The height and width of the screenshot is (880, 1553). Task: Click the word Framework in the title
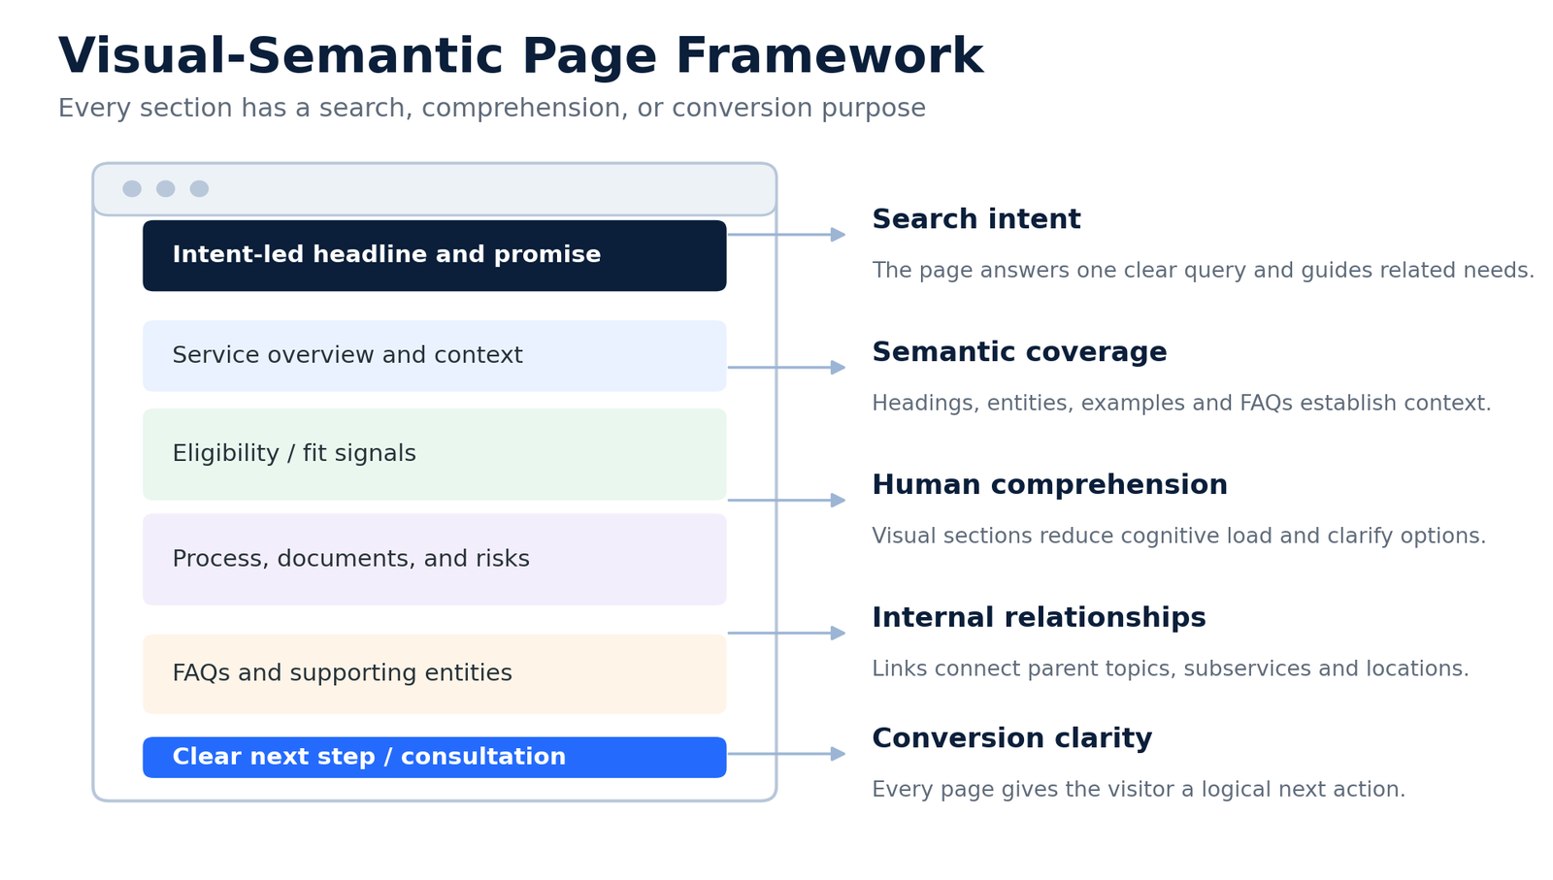click(829, 56)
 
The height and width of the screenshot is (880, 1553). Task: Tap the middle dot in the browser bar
click(166, 188)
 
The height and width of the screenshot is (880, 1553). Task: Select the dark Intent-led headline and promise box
click(435, 256)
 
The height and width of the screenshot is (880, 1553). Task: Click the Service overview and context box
click(435, 355)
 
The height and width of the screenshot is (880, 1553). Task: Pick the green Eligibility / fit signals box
click(435, 454)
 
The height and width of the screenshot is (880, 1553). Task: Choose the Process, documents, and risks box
click(435, 559)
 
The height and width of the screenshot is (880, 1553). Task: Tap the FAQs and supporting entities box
click(435, 673)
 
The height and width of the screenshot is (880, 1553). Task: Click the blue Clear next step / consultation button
click(435, 758)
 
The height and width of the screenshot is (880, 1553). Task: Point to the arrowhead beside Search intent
click(839, 235)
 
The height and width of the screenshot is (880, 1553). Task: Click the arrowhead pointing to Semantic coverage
click(839, 368)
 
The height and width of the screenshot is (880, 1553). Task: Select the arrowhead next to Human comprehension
click(839, 501)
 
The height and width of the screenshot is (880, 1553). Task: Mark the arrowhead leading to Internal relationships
click(839, 633)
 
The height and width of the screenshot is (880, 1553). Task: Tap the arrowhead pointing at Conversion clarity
click(839, 754)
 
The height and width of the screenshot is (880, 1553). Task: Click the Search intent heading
click(976, 219)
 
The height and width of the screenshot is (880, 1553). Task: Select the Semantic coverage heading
click(1019, 352)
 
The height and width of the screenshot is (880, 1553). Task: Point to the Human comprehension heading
click(1049, 485)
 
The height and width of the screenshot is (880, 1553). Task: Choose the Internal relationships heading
click(1039, 617)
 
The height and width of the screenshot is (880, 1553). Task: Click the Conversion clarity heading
click(1012, 738)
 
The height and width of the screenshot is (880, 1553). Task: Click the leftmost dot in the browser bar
click(132, 188)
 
